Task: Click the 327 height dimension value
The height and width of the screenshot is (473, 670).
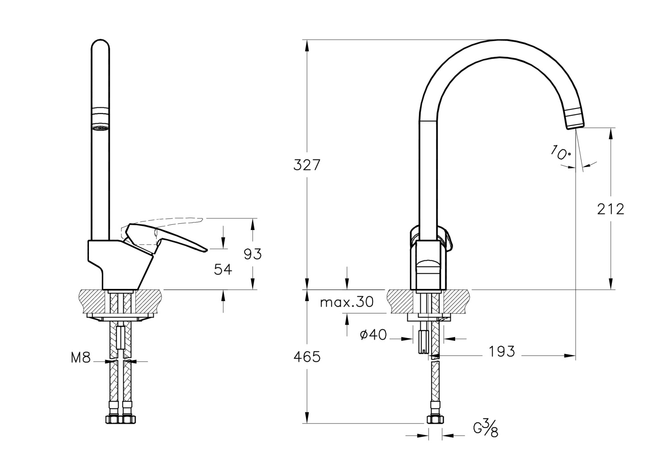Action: click(x=307, y=165)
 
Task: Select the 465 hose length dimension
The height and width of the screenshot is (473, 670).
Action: click(x=307, y=356)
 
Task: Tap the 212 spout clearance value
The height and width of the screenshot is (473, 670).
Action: click(x=611, y=209)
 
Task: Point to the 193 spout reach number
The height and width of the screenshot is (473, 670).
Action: click(x=502, y=351)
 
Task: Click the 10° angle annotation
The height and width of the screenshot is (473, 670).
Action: click(x=561, y=153)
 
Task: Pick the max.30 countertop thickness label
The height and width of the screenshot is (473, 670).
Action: click(x=347, y=302)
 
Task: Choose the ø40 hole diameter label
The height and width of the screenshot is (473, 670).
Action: click(x=373, y=335)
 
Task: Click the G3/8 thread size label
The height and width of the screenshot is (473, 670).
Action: click(x=486, y=428)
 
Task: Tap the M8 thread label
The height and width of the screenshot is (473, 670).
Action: click(x=80, y=357)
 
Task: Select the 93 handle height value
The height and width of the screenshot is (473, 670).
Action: click(x=253, y=254)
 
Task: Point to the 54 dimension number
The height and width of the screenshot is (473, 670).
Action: click(x=223, y=270)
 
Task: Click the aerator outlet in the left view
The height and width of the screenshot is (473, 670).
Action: click(x=100, y=128)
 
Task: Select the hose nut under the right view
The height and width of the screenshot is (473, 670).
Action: click(x=435, y=419)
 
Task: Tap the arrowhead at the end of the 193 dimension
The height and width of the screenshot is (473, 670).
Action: click(x=570, y=356)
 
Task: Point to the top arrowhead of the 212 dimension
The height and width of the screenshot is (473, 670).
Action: click(x=611, y=134)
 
